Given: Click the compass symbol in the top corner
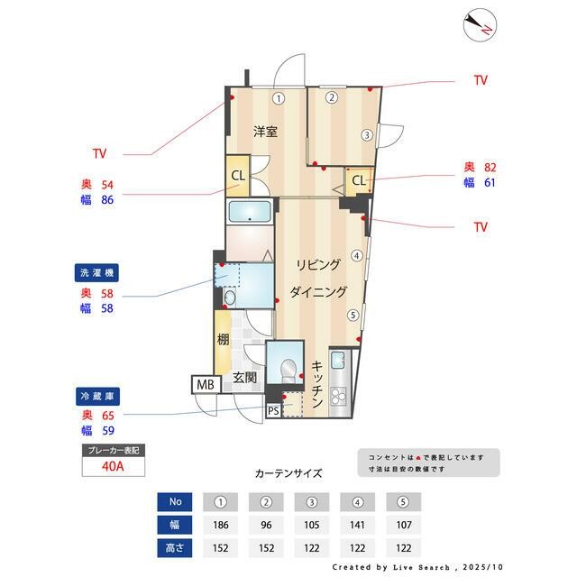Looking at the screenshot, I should pos(478,24).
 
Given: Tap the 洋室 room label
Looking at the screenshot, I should pos(264,132).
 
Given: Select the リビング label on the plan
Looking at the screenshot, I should pos(319,265).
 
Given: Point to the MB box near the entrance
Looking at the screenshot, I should pos(204,385).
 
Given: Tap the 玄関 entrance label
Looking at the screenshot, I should pos(244,377).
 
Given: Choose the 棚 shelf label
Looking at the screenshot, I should pos(223,340).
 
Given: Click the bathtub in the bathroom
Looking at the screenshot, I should pos(250,213).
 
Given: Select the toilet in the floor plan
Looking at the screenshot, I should pos(288,367).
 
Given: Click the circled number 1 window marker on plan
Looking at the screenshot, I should pos(279,98).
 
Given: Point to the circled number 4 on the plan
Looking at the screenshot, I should pos(358,255).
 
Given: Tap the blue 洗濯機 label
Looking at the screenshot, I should pos(98,271).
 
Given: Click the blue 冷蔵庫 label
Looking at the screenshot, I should pos(98,396).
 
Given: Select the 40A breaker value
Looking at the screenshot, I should pos(113,466).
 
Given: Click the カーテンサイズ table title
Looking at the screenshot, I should pos(288,472).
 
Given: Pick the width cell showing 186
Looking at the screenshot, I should pos(220,524).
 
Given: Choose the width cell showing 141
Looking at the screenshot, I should pos(358,524).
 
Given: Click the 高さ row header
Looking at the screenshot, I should pos(175,546).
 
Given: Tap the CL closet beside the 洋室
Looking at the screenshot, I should pos(238,176).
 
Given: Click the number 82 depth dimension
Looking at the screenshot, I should pos(490,167).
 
